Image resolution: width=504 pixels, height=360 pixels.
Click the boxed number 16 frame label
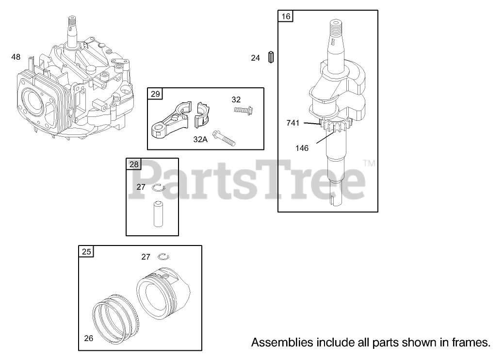coord(286,16)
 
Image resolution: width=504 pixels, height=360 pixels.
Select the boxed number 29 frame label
coord(155,94)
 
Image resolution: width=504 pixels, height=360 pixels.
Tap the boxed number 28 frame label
coord(134,164)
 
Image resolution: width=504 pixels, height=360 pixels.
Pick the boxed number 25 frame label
coord(86,252)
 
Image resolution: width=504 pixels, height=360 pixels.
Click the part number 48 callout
coord(16,57)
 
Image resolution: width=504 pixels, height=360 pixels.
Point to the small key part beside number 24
coord(272,57)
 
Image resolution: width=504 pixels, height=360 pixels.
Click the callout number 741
coord(293,123)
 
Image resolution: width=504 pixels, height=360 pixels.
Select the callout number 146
coord(302,148)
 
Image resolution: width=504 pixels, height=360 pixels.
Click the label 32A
coord(200,140)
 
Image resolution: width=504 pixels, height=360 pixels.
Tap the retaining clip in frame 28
coord(159,188)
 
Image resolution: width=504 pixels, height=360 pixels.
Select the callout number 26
coord(88,338)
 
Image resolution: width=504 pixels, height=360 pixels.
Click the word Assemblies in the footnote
coord(282,343)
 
